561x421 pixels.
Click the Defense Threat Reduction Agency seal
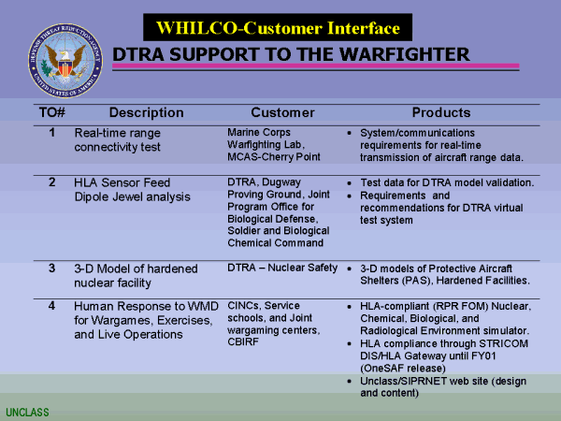(65, 61)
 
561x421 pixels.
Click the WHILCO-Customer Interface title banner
(278, 27)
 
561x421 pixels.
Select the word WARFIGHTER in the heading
(404, 54)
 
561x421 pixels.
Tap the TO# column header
(52, 113)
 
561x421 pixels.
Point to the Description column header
(147, 113)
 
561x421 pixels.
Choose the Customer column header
(282, 113)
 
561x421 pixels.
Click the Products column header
(441, 113)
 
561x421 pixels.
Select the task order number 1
(52, 133)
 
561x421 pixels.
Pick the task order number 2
(52, 182)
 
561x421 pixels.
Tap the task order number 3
(52, 269)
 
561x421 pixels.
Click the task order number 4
(52, 306)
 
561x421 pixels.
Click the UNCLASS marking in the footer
(27, 413)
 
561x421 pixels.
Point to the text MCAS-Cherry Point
(274, 157)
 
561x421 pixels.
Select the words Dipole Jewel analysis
(133, 196)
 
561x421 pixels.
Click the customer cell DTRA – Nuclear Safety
(282, 268)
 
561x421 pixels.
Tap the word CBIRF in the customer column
(243, 341)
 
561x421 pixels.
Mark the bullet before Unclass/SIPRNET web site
(350, 382)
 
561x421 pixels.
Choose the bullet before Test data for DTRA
(350, 183)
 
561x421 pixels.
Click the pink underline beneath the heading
(316, 65)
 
